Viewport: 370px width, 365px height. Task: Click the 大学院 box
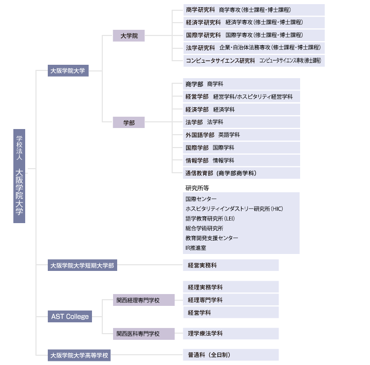[128, 35]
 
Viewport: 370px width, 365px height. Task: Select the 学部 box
[128, 122]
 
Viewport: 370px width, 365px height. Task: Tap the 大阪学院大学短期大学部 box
[82, 265]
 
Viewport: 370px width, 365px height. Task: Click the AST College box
[70, 316]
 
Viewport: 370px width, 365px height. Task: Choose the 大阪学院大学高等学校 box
[79, 355]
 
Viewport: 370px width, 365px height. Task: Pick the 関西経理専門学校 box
[144, 300]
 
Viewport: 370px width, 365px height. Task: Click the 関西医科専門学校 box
[144, 334]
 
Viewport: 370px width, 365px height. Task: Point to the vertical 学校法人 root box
[20, 176]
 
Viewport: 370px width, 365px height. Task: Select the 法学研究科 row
[254, 48]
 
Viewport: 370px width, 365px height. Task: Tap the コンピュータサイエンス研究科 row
[254, 61]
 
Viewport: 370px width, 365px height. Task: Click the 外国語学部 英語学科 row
[242, 135]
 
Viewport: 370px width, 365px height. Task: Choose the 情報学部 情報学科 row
[242, 160]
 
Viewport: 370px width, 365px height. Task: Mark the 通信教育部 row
[242, 173]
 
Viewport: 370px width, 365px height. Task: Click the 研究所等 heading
[197, 188]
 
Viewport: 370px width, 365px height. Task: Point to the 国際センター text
[201, 199]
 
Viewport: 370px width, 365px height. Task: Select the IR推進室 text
[196, 248]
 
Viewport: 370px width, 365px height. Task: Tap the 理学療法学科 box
[231, 334]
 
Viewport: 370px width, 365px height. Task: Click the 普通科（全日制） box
[231, 355]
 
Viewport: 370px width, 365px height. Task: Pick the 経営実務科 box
[231, 265]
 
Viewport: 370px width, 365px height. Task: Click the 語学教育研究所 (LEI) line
[210, 218]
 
